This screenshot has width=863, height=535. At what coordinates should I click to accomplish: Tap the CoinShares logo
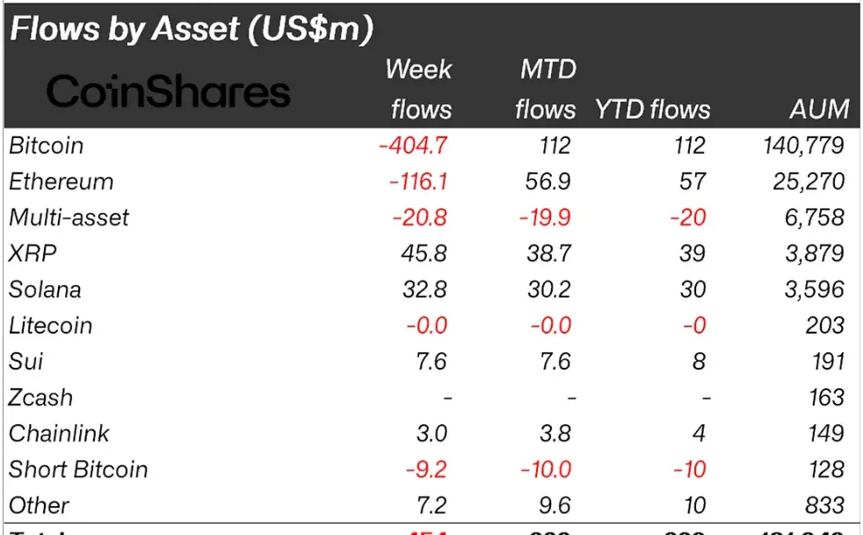pos(168,92)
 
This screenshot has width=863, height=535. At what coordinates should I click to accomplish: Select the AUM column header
pos(819,109)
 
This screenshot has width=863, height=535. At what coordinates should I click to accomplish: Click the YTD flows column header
pos(652,109)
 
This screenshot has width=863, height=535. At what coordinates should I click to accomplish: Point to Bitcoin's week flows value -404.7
pos(412,145)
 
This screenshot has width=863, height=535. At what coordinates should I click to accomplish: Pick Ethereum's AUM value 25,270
pos(805,181)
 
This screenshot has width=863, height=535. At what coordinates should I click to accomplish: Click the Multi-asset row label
pos(69,217)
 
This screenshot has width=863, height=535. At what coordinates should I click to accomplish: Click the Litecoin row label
pos(50,326)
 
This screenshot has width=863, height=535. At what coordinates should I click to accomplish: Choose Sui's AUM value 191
pos(825,362)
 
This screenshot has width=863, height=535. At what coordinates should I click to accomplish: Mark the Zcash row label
pos(40,398)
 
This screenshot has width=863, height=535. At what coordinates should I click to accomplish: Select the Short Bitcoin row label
pos(78,470)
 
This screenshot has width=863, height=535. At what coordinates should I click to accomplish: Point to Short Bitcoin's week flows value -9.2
pos(425,470)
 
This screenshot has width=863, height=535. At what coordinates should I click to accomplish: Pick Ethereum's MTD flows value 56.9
pos(546,181)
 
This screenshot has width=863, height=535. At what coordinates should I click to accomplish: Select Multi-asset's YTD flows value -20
pos(687,217)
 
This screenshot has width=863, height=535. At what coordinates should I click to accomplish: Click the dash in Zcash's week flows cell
pos(447,398)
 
